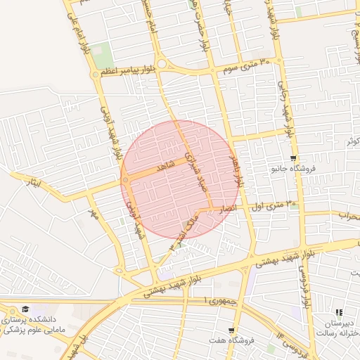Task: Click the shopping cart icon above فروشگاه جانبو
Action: [x=293, y=158]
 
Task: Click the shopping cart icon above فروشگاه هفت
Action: [x=231, y=330]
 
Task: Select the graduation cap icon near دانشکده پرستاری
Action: [x=26, y=309]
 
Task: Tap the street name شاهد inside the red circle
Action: [x=165, y=165]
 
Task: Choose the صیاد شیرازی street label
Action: [x=195, y=171]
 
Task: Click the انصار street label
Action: [x=227, y=209]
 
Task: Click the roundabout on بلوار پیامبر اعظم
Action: [x=162, y=65]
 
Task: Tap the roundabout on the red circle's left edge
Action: [x=125, y=181]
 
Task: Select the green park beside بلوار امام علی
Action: [x=102, y=55]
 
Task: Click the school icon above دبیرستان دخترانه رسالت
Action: [x=338, y=312]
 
